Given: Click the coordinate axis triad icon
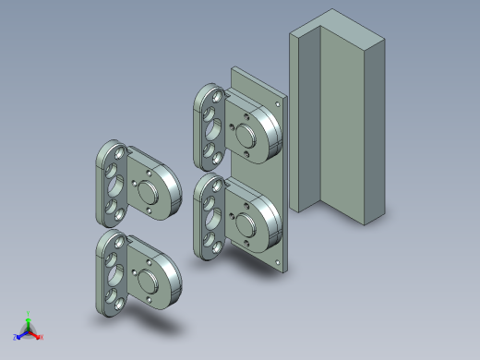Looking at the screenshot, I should coord(29,330).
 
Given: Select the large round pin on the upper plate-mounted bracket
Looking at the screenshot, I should coord(246,135).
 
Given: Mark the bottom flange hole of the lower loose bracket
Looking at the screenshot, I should coord(114,301).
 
